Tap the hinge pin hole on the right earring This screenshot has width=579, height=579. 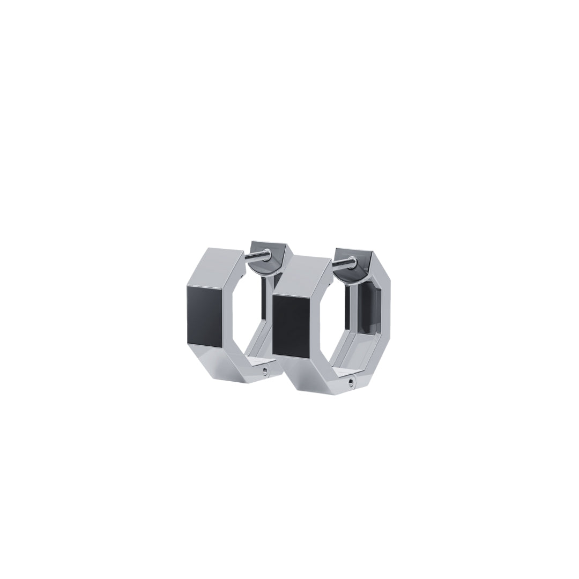[x=350, y=381]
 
